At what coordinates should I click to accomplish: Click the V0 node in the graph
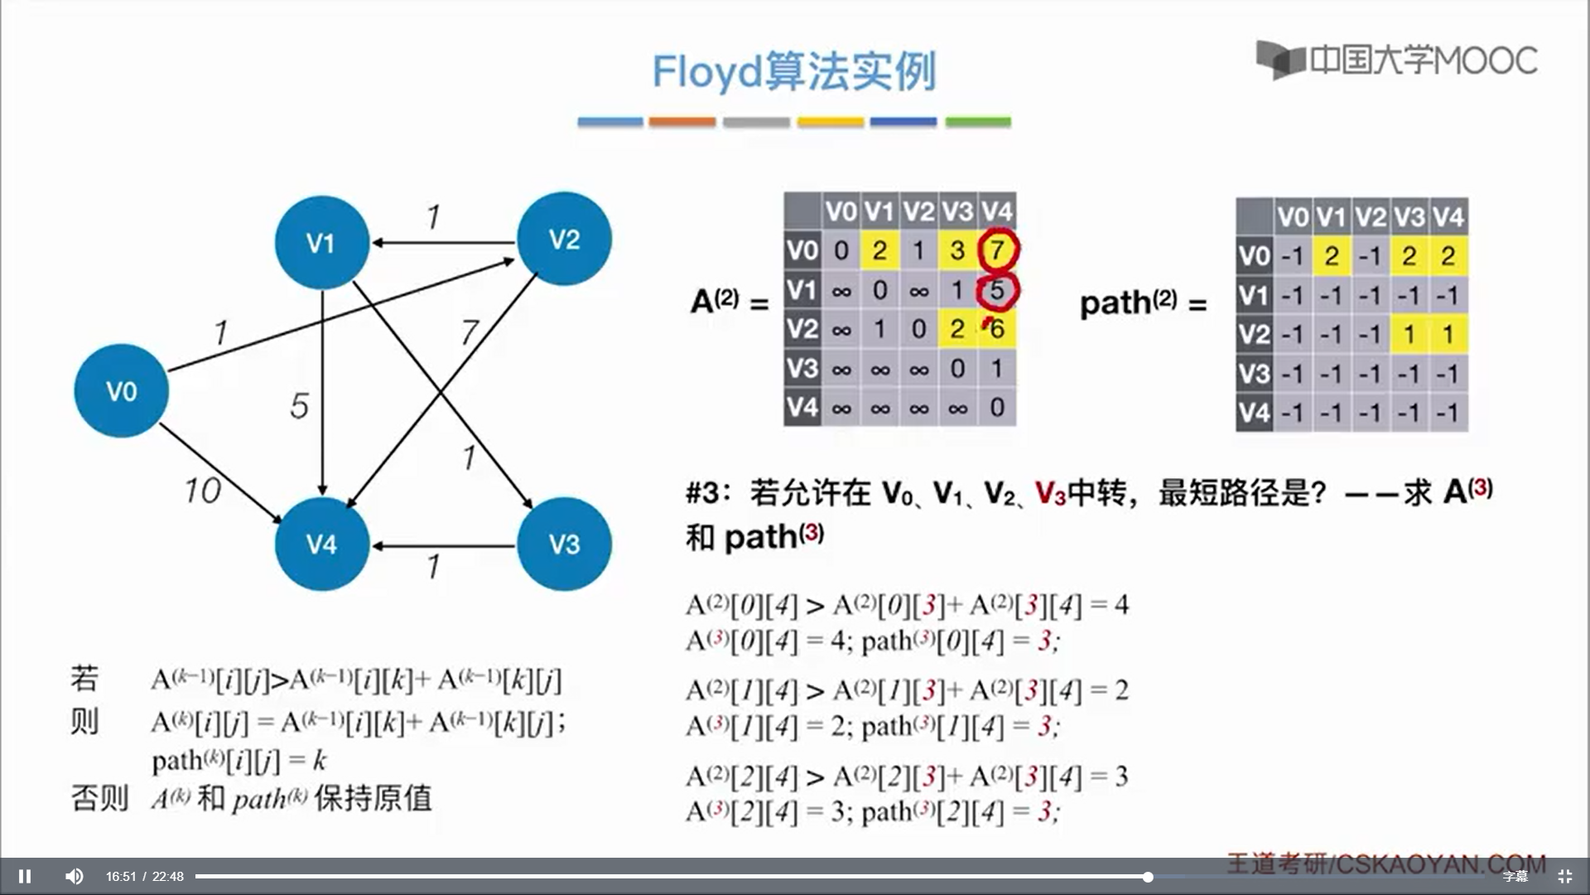[x=121, y=390]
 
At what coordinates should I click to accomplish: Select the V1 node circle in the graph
[x=321, y=242]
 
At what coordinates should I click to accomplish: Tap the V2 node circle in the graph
[x=564, y=239]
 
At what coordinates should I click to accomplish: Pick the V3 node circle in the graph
[x=564, y=544]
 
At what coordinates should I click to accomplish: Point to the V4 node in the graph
[x=321, y=544]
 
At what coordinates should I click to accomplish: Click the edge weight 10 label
[x=202, y=491]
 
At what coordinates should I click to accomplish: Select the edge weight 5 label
[x=299, y=406]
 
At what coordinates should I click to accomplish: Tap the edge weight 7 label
[x=470, y=332]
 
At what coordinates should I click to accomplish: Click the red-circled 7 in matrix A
[x=997, y=249]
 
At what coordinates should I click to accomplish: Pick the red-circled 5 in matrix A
[x=997, y=290]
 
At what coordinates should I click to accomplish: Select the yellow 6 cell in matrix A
[x=997, y=329]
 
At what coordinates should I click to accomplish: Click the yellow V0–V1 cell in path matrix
[x=1331, y=256]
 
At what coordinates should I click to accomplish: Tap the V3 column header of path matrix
[x=1409, y=217]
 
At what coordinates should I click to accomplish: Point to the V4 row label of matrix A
[x=802, y=408]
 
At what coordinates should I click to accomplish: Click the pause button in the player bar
[x=25, y=876]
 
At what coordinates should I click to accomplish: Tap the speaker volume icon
[x=74, y=876]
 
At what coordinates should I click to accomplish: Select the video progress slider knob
[x=1148, y=877]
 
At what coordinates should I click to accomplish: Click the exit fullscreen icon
[x=1564, y=876]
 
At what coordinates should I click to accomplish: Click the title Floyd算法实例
[x=794, y=71]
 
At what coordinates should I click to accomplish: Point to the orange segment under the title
[x=682, y=122]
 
